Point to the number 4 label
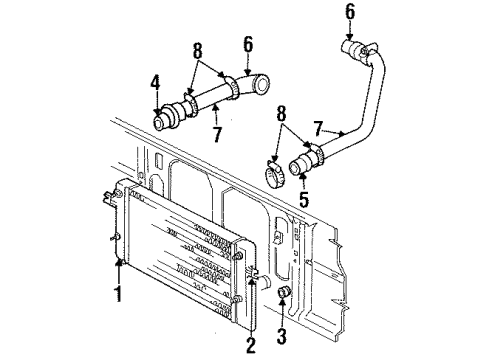(x=156, y=84)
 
